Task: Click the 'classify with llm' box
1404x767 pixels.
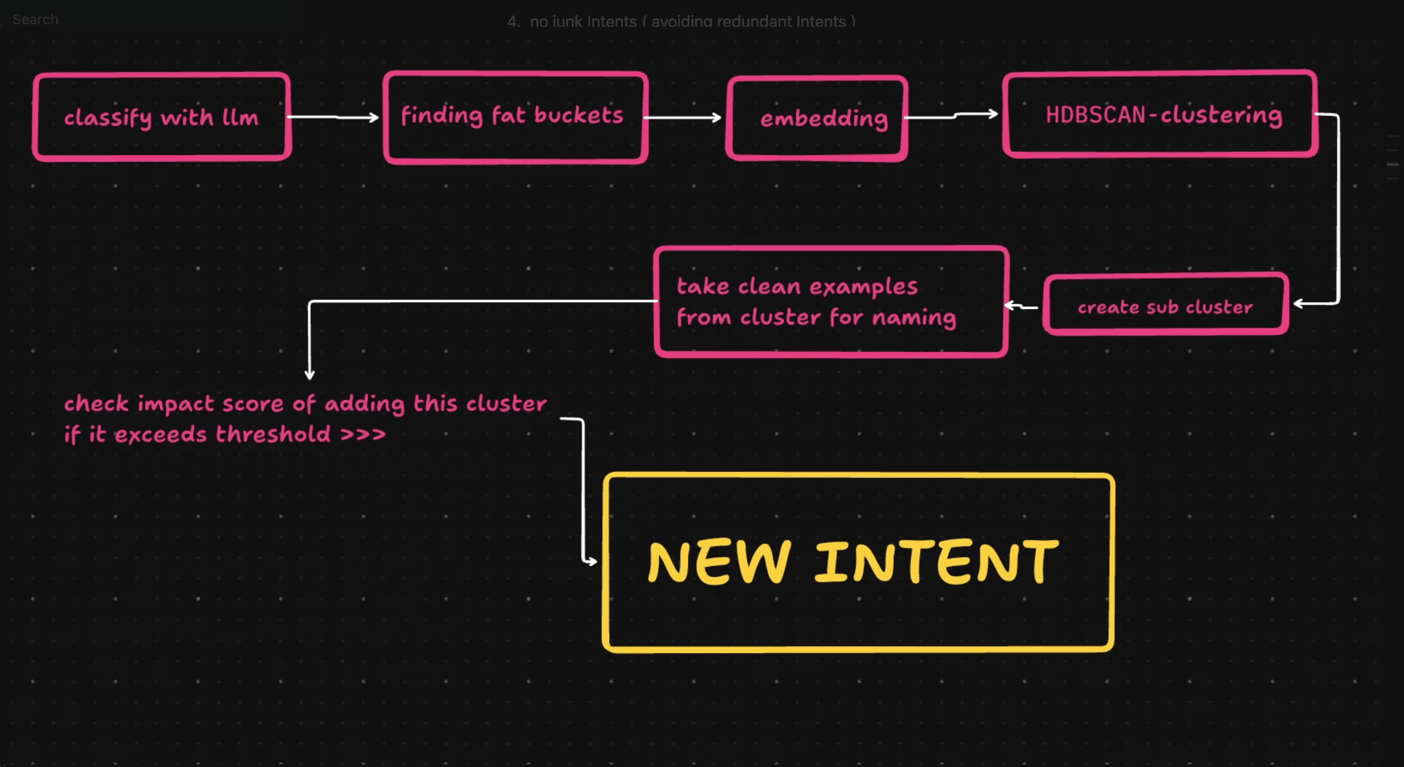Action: pyautogui.click(x=161, y=117)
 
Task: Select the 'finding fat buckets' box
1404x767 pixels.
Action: pyautogui.click(x=515, y=117)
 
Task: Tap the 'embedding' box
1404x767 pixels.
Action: pyautogui.click(x=817, y=118)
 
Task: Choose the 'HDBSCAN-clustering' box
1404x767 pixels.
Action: pyautogui.click(x=1160, y=115)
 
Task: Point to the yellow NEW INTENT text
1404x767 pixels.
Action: pyautogui.click(x=853, y=562)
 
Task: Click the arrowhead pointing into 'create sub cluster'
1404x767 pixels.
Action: pyautogui.click(x=1300, y=304)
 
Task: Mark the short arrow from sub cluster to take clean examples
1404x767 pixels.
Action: pyautogui.click(x=1021, y=306)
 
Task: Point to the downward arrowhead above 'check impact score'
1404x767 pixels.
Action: pyautogui.click(x=309, y=373)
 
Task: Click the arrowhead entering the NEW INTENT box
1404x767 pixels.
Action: pyautogui.click(x=591, y=561)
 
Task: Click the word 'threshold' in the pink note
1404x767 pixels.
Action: pyautogui.click(x=273, y=434)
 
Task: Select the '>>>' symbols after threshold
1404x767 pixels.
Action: pyautogui.click(x=363, y=434)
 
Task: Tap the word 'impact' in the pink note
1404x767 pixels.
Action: pyautogui.click(x=176, y=404)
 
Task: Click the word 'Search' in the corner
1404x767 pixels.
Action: pyautogui.click(x=35, y=20)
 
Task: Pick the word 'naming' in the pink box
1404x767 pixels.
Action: pyautogui.click(x=913, y=317)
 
